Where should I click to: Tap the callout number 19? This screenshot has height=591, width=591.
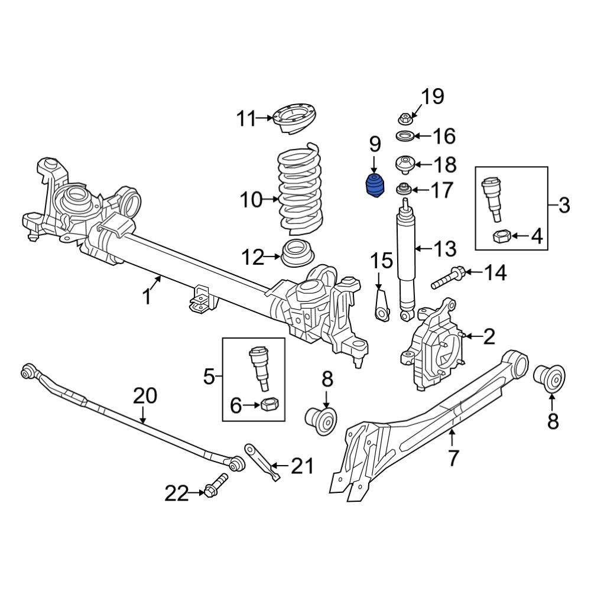click(432, 97)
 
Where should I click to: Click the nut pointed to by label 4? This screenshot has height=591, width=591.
click(502, 237)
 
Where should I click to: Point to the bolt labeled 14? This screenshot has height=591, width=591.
click(449, 277)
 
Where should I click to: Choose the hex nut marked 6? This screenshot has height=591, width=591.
click(269, 405)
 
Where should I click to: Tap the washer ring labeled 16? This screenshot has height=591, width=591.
click(405, 136)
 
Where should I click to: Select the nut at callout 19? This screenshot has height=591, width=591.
click(406, 119)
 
